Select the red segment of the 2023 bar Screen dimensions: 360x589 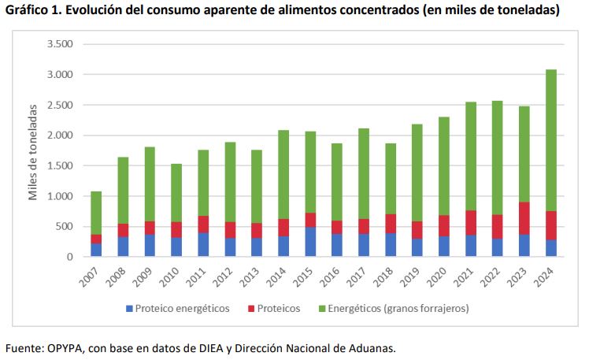tap(524, 218)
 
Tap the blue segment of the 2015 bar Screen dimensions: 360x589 tap(310, 242)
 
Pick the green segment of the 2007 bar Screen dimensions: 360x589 tap(96, 213)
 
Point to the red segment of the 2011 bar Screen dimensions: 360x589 tap(203, 225)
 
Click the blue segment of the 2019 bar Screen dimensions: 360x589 tap(417, 247)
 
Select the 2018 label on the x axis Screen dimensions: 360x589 tap(388, 277)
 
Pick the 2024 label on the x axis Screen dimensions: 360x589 tap(549, 277)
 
